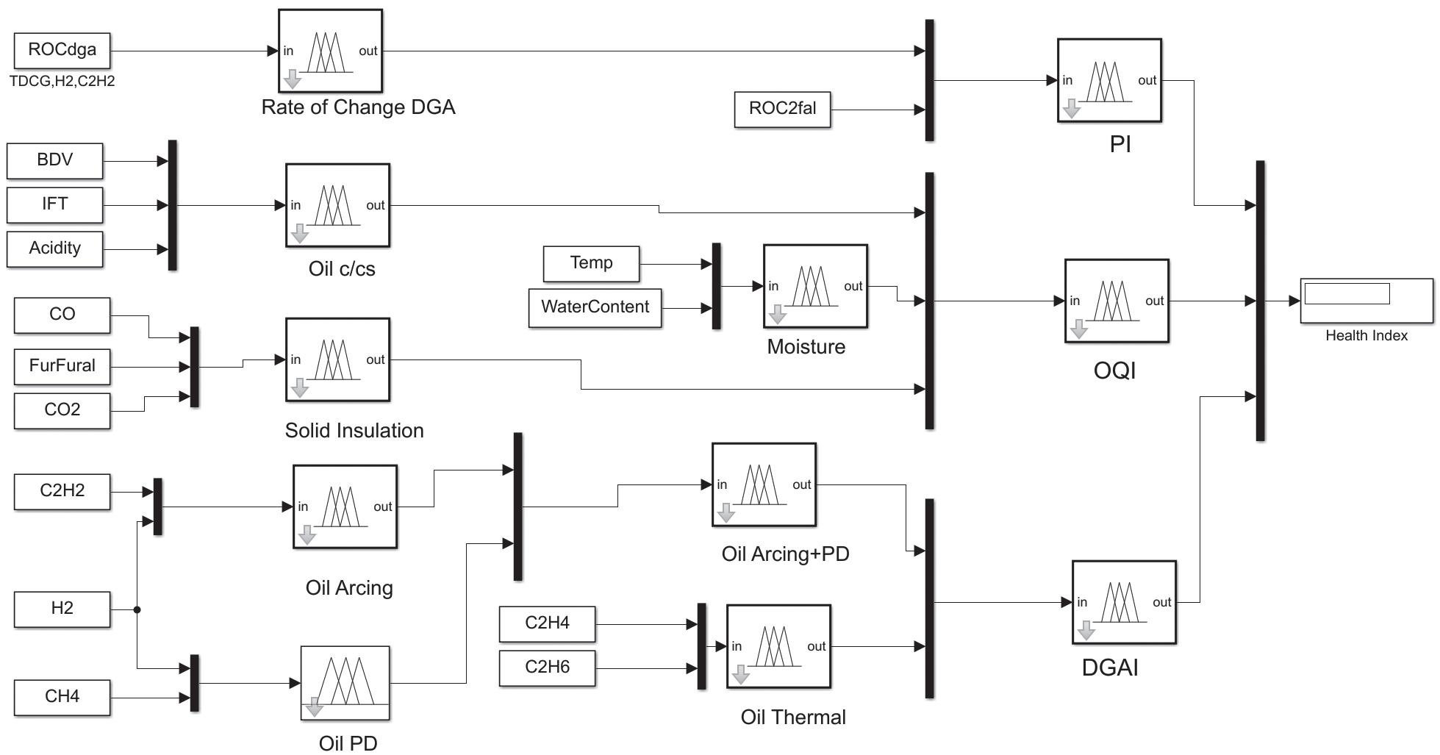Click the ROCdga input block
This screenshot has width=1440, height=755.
point(62,51)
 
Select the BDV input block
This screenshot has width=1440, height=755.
point(54,161)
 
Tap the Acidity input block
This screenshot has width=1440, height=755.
point(54,249)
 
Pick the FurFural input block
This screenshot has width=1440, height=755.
point(62,367)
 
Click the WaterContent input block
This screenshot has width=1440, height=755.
point(595,308)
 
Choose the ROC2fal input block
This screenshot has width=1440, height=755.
point(782,110)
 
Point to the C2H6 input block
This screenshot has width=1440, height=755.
point(547,668)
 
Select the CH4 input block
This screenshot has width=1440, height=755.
point(62,698)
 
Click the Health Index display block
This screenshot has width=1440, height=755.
point(1366,301)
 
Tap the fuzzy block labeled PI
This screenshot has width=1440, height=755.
point(1109,80)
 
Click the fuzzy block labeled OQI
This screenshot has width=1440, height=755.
point(1117,301)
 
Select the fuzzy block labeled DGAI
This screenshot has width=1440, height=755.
point(1124,602)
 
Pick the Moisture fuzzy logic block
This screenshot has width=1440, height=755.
point(815,286)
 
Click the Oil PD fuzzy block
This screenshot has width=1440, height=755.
point(345,683)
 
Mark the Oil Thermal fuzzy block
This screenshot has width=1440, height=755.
point(778,646)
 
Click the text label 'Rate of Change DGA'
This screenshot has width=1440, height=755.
point(358,107)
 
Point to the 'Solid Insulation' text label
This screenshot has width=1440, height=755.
point(354,431)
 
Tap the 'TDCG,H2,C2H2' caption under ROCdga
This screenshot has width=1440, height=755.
point(62,82)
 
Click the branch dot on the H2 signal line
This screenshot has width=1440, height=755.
point(137,609)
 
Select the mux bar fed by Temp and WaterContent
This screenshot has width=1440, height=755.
point(716,286)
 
